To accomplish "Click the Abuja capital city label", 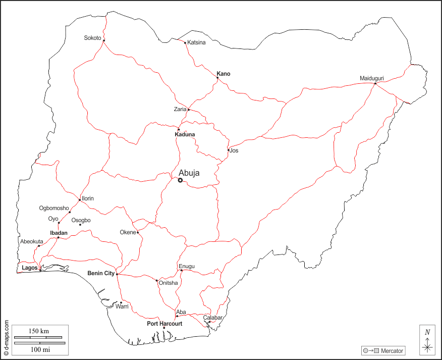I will [x=189, y=173].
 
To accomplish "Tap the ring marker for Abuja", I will [x=180, y=180].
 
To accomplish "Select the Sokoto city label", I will [x=93, y=38].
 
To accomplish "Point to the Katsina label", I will [x=196, y=42].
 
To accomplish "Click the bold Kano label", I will [x=224, y=74].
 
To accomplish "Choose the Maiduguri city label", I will [x=372, y=78].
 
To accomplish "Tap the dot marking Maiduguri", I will [x=375, y=84].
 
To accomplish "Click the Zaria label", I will [x=180, y=109].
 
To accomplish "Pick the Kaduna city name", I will [x=185, y=134].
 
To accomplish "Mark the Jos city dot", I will [x=228, y=150].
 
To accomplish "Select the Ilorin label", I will [x=88, y=198].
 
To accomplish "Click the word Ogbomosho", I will [x=54, y=208].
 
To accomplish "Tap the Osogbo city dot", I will [x=80, y=225].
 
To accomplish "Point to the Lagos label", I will [x=30, y=268].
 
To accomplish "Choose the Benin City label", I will [x=101, y=273].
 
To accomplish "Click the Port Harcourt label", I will [x=164, y=323].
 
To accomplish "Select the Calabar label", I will [x=213, y=318].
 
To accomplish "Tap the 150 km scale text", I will [x=38, y=331].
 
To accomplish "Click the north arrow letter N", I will [x=427, y=332].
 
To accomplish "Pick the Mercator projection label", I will [x=392, y=351].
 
